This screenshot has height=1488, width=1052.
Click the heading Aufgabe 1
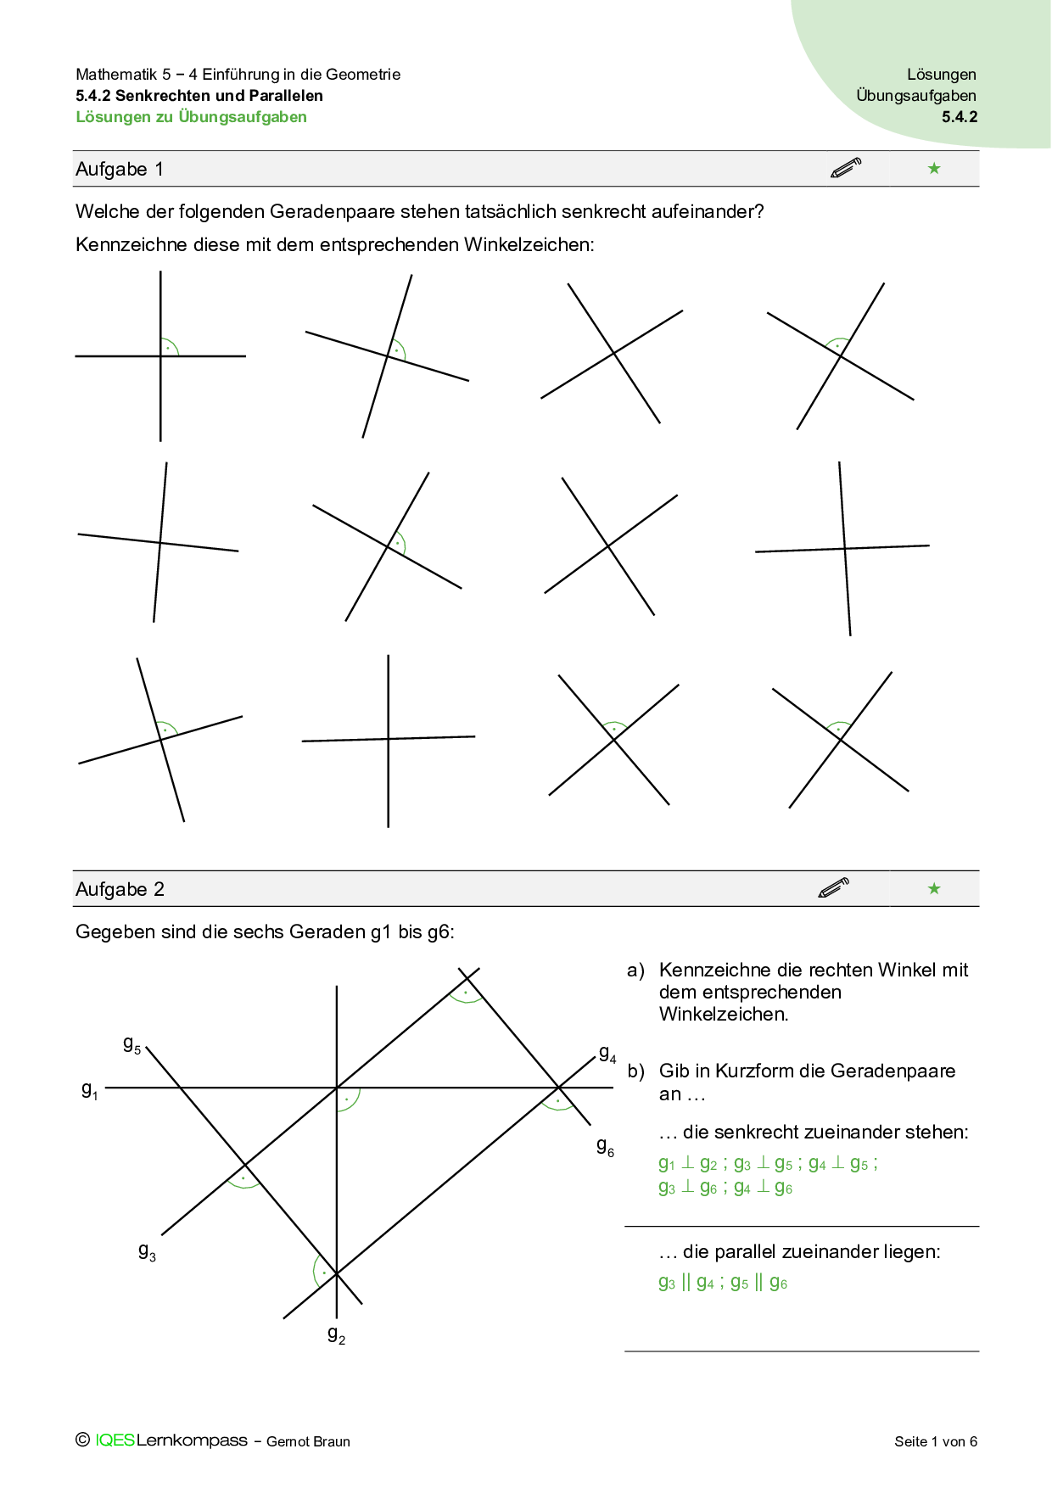click(120, 169)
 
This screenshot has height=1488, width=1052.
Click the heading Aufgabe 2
click(120, 889)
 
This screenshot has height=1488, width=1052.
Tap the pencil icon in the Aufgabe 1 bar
click(846, 168)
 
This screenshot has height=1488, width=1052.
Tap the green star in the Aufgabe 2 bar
click(934, 888)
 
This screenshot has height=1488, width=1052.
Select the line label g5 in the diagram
click(132, 1045)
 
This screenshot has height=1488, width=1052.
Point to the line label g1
click(90, 1090)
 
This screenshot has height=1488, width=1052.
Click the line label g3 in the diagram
click(147, 1252)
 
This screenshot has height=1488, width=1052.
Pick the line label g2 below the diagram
click(337, 1335)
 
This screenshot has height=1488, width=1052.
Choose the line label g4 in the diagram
click(607, 1054)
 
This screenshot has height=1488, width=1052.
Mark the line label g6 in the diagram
click(605, 1147)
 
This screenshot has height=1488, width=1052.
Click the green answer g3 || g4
click(686, 1283)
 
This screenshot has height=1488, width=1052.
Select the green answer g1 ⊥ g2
click(688, 1163)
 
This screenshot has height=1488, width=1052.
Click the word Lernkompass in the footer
click(192, 1440)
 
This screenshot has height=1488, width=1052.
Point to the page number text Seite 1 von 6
click(936, 1441)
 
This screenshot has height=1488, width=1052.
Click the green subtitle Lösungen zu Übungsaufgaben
click(191, 117)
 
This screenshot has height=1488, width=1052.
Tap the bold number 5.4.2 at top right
click(960, 117)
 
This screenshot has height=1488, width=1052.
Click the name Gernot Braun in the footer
click(308, 1441)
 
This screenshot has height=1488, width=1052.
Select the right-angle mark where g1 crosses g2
click(347, 1099)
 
